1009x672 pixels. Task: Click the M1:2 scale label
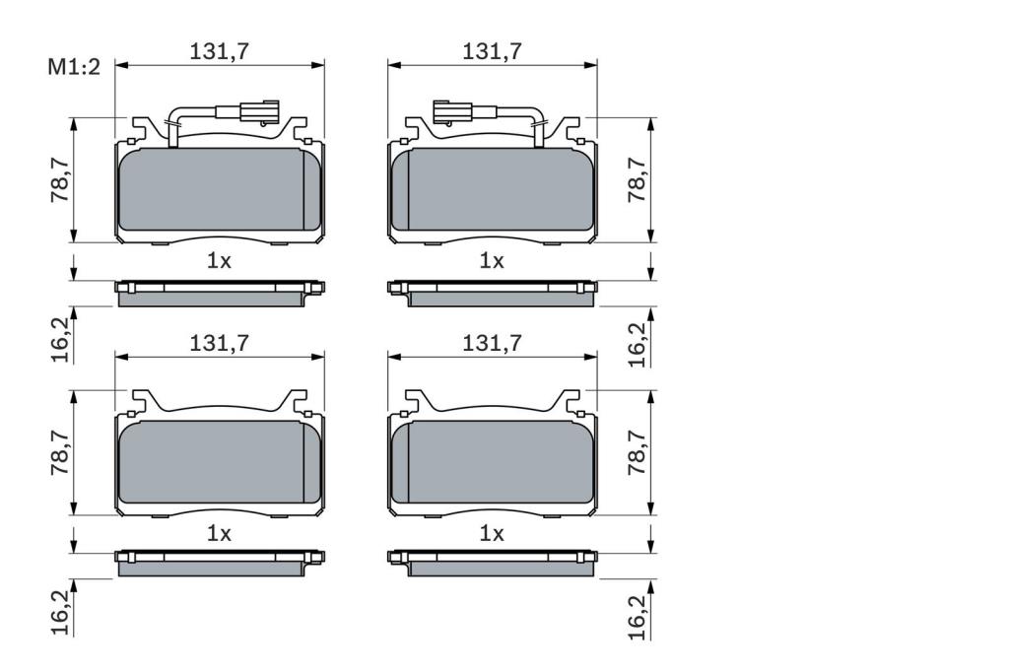[74, 66]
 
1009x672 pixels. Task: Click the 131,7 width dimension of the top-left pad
[219, 51]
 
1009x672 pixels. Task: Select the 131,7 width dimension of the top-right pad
[493, 51]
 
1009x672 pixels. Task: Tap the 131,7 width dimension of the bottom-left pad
[219, 343]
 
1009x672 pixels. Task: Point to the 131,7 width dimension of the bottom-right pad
[493, 343]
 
